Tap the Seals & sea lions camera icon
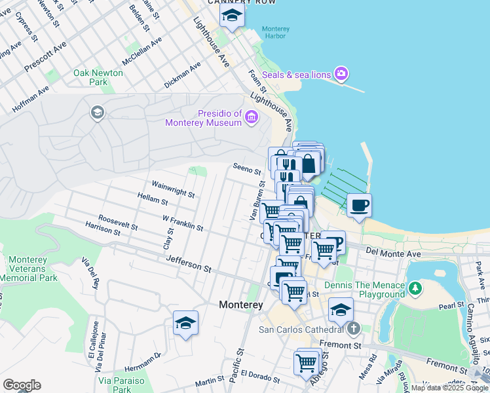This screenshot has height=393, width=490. (341, 73)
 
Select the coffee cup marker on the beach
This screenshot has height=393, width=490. (359, 206)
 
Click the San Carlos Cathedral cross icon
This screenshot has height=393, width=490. (353, 328)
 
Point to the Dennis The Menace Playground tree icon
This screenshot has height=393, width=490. (414, 288)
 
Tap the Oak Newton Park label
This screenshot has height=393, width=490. (98, 77)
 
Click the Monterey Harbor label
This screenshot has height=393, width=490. (275, 33)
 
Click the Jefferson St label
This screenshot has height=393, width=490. (189, 264)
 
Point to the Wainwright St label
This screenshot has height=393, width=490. (173, 190)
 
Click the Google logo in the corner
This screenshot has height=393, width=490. (22, 385)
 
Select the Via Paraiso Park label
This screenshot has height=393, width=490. (115, 384)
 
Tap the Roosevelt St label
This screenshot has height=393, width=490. (118, 223)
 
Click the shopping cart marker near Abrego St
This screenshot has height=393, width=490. (306, 362)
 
